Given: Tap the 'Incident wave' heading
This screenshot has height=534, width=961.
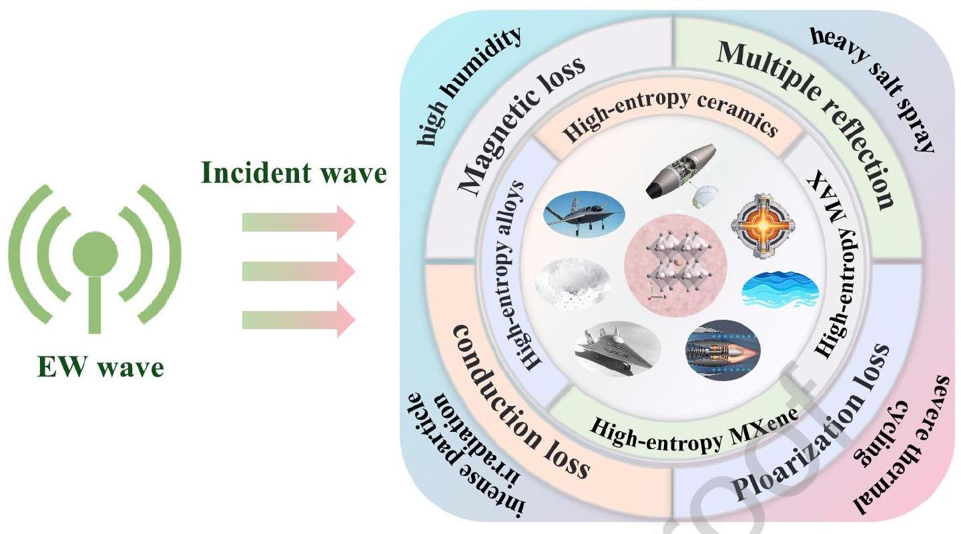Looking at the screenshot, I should [294, 174].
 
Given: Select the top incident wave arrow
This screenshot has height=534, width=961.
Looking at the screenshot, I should [298, 222].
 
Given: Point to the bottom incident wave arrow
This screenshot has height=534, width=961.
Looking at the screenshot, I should [298, 317].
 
